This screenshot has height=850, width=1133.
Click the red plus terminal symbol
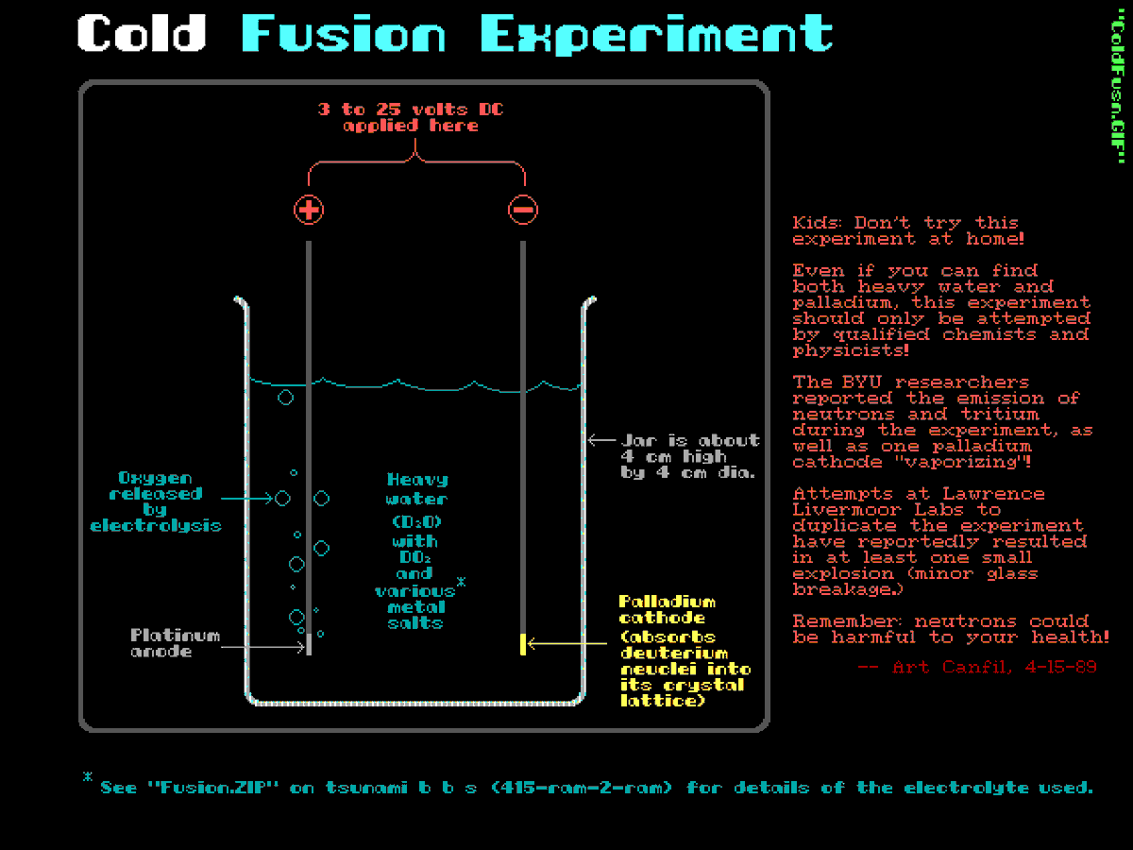click(309, 210)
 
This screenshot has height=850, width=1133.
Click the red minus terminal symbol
click(523, 210)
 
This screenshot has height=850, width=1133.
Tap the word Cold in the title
click(142, 34)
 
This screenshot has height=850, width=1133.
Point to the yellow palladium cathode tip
click(522, 644)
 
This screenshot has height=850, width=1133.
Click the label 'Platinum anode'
click(175, 643)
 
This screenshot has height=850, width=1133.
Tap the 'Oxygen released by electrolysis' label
click(156, 501)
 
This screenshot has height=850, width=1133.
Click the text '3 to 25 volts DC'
click(411, 110)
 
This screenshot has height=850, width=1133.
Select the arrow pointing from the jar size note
click(601, 440)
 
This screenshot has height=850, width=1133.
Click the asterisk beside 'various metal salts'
click(461, 584)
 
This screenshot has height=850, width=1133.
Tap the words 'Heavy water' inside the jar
click(416, 489)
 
